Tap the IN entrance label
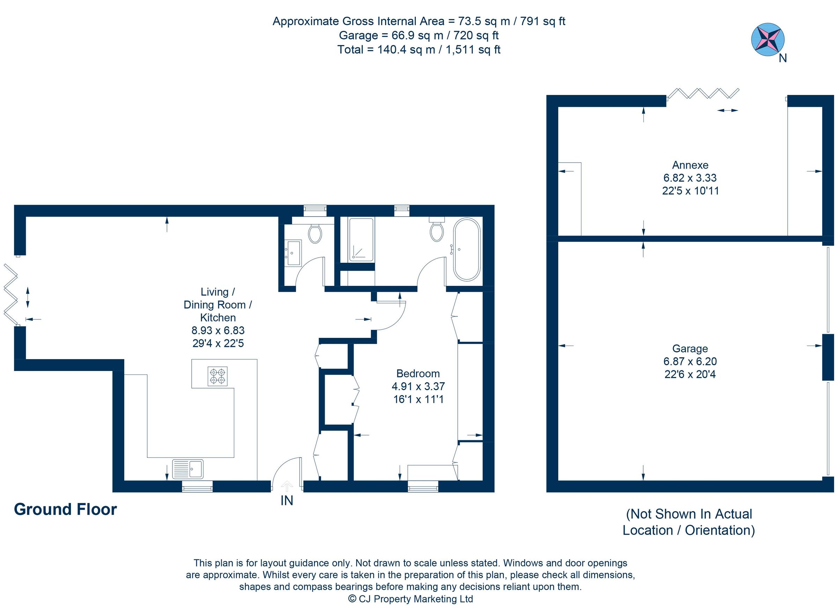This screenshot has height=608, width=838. tap(287, 501)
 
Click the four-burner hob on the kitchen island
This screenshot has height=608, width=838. tap(217, 376)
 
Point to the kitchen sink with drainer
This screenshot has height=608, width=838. tap(188, 469)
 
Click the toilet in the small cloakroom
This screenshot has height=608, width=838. tap(315, 233)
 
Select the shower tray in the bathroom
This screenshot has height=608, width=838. tap(361, 239)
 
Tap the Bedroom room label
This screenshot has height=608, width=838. tap(418, 373)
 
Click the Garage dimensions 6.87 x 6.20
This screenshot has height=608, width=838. tap(690, 361)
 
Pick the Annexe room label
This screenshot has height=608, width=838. tap(690, 165)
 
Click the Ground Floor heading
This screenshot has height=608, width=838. tap(65, 509)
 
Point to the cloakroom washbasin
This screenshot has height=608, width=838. tap(293, 252)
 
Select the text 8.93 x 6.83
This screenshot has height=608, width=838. tap(218, 330)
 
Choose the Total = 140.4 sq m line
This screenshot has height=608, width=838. tap(419, 50)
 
